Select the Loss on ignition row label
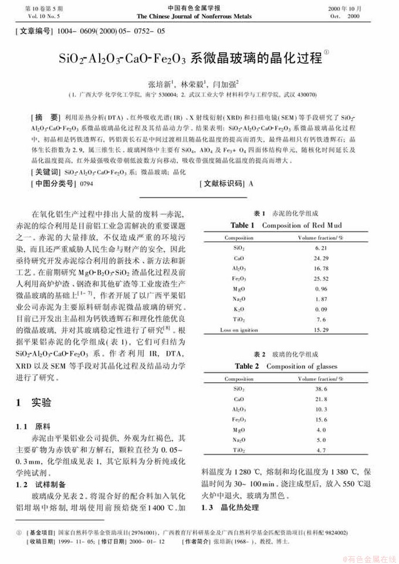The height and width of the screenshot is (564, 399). pyautogui.click(x=239, y=330)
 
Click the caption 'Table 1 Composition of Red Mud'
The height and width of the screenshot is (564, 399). pyautogui.click(x=286, y=225)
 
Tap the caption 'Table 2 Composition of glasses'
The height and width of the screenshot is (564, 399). pyautogui.click(x=286, y=366)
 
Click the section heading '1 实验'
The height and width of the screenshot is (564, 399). pyautogui.click(x=34, y=403)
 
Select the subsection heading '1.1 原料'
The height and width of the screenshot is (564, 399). pyautogui.click(x=33, y=426)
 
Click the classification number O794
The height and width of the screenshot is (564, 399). pyautogui.click(x=86, y=184)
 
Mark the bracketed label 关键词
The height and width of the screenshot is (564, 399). pyautogui.click(x=45, y=172)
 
